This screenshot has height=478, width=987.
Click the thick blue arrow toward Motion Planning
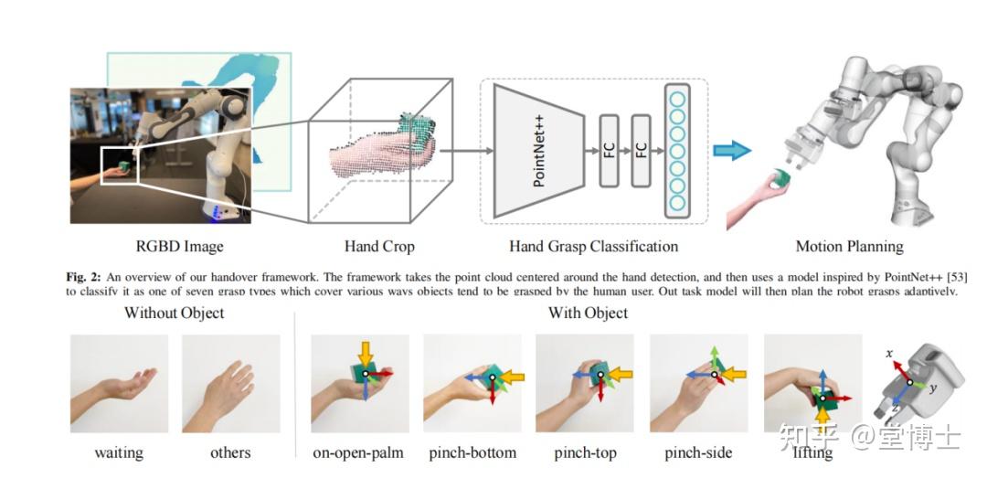(732, 150)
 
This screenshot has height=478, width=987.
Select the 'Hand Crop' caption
(379, 246)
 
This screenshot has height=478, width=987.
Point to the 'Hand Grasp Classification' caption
(593, 246)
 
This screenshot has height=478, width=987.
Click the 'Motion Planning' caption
(849, 246)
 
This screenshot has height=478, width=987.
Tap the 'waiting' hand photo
(119, 384)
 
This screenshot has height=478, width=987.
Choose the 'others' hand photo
(230, 384)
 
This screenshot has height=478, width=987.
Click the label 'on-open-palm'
(358, 452)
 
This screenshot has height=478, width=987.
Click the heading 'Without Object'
(174, 313)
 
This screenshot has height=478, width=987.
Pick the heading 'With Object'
(588, 313)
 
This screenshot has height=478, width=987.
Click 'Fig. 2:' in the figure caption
(89, 275)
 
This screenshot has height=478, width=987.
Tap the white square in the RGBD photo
(120, 165)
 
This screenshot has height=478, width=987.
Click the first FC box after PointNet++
(610, 150)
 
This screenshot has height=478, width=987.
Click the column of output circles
(676, 150)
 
